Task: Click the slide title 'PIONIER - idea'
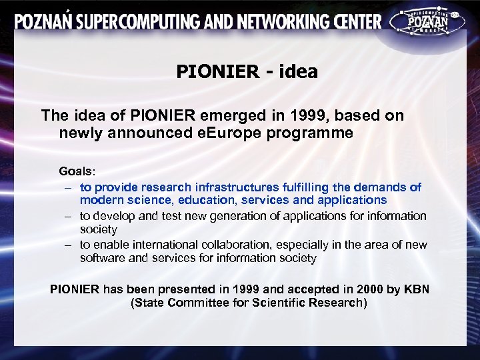(247, 71)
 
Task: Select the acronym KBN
(417, 289)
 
